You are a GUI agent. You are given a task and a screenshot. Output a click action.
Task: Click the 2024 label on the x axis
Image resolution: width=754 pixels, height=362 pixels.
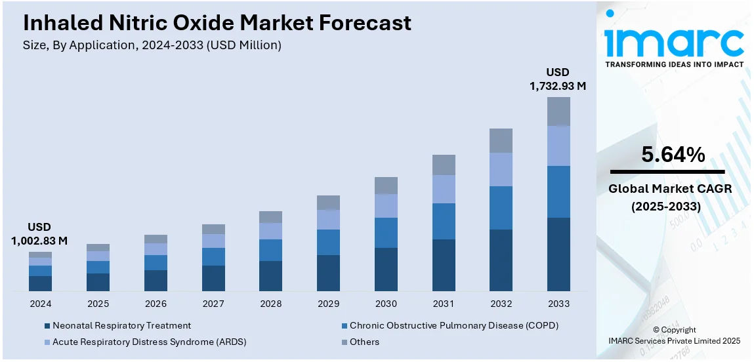click(x=40, y=304)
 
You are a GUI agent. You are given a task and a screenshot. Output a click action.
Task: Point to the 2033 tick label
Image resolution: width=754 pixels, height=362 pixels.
click(x=558, y=304)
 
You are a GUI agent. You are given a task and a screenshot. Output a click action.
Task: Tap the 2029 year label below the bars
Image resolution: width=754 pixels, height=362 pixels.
click(x=328, y=304)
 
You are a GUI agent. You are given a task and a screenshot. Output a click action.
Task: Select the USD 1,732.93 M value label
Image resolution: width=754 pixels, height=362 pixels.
click(x=558, y=79)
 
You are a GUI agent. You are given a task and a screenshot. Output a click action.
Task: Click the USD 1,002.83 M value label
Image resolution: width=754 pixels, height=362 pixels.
click(x=39, y=234)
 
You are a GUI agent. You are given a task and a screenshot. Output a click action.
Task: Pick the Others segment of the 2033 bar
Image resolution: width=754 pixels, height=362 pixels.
click(x=558, y=111)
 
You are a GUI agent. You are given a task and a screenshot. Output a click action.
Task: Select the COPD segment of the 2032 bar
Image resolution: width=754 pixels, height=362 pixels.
click(x=501, y=208)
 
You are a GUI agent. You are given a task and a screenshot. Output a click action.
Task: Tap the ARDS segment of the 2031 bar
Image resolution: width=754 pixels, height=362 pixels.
click(x=444, y=189)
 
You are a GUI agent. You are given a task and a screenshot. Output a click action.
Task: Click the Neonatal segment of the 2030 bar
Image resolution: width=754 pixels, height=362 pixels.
click(x=386, y=270)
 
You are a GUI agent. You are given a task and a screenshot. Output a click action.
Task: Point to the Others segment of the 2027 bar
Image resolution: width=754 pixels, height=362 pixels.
click(x=213, y=229)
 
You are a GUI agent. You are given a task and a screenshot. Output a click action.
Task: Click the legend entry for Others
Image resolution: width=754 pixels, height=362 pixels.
click(x=364, y=342)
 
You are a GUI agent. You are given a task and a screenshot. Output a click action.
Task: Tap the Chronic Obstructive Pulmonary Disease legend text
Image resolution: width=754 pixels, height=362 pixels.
click(x=453, y=325)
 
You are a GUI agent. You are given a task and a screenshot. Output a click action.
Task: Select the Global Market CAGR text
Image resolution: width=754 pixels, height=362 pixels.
click(x=669, y=189)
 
